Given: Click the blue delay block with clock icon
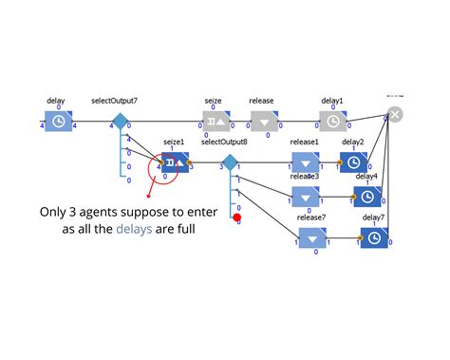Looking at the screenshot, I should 58,122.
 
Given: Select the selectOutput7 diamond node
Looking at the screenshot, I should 120,122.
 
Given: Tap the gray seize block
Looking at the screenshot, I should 216,122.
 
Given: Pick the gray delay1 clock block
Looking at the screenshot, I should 332,122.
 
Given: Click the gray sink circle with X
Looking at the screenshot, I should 396,115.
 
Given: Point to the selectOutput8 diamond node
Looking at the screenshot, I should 229,163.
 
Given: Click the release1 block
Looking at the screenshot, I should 306,163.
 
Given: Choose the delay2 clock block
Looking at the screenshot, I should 354,163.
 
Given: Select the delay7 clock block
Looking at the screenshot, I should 374,238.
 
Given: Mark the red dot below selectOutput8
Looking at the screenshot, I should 237,218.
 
